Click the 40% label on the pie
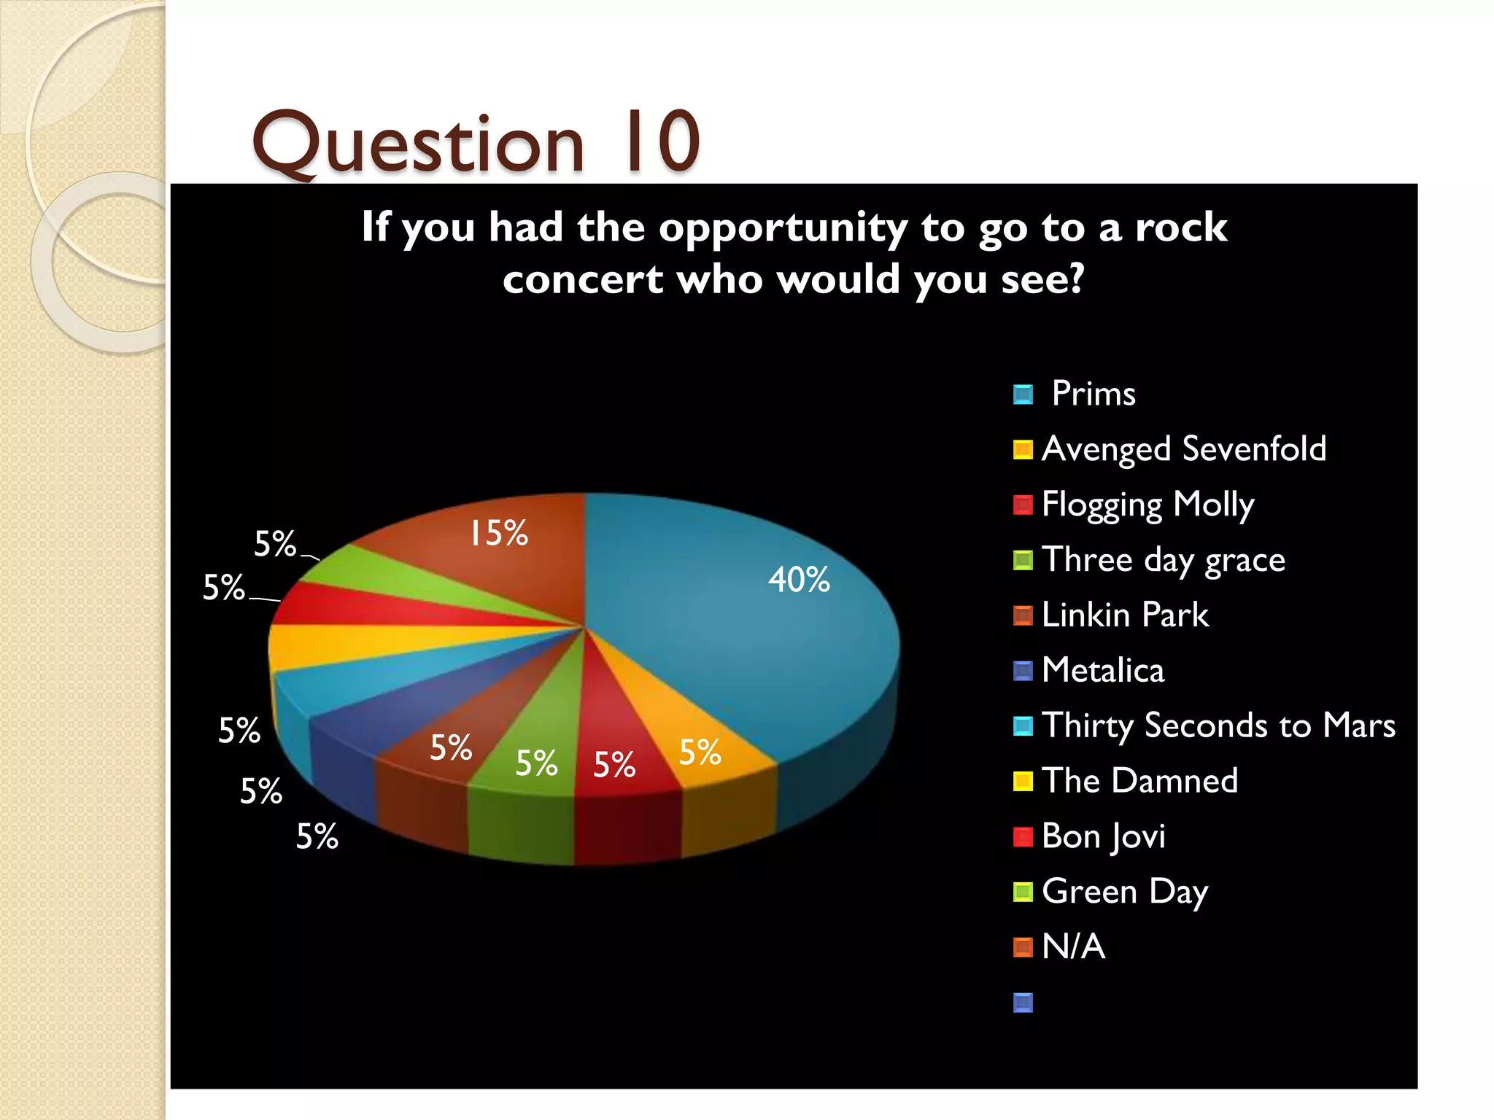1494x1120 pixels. click(799, 580)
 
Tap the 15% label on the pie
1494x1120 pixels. click(498, 533)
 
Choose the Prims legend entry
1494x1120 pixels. click(1093, 394)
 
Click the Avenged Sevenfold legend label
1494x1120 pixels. click(1183, 448)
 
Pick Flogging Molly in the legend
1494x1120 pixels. click(1147, 505)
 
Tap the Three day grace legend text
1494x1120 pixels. click(1163, 560)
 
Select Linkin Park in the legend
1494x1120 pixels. click(1125, 615)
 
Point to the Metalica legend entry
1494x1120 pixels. click(1103, 670)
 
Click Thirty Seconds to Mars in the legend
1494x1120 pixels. click(1218, 726)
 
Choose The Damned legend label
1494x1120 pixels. click(1139, 781)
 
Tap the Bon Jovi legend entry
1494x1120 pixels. click(1103, 836)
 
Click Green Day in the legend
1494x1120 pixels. click(1125, 892)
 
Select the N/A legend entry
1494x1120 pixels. click(1073, 946)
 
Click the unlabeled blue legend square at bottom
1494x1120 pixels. click(1023, 1003)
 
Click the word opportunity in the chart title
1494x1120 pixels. click(783, 227)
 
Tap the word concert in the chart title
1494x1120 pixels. click(583, 280)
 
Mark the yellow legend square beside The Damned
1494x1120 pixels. click(1023, 781)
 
